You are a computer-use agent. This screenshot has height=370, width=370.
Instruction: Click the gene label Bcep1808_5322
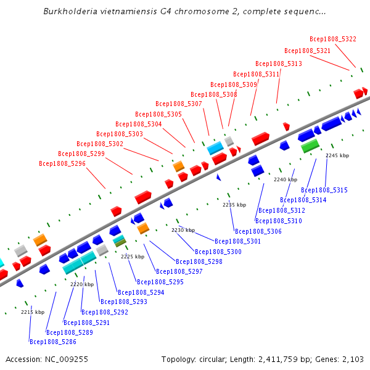(x=333, y=39)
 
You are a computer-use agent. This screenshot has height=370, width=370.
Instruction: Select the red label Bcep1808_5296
(x=62, y=163)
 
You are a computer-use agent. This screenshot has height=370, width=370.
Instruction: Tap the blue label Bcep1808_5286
(x=53, y=342)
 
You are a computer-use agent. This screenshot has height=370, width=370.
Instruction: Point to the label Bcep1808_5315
(x=324, y=190)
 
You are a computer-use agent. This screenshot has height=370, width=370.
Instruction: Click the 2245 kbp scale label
(x=337, y=156)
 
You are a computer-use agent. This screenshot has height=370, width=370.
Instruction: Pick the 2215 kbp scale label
(x=33, y=312)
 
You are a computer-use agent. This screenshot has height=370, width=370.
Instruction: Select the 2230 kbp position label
(x=183, y=230)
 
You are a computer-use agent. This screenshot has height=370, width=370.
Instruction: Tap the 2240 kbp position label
(x=286, y=179)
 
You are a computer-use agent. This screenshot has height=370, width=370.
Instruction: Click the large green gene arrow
(x=310, y=146)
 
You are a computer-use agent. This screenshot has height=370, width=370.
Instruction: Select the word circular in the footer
(x=218, y=359)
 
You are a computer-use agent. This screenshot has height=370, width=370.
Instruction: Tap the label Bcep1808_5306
(x=258, y=231)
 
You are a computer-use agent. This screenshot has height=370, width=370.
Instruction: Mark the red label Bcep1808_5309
(x=234, y=84)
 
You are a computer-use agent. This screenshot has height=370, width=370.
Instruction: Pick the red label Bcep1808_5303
(x=120, y=134)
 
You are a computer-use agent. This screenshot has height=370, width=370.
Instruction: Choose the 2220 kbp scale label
(x=82, y=284)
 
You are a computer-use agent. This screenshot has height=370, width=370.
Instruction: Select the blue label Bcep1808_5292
(x=105, y=312)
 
